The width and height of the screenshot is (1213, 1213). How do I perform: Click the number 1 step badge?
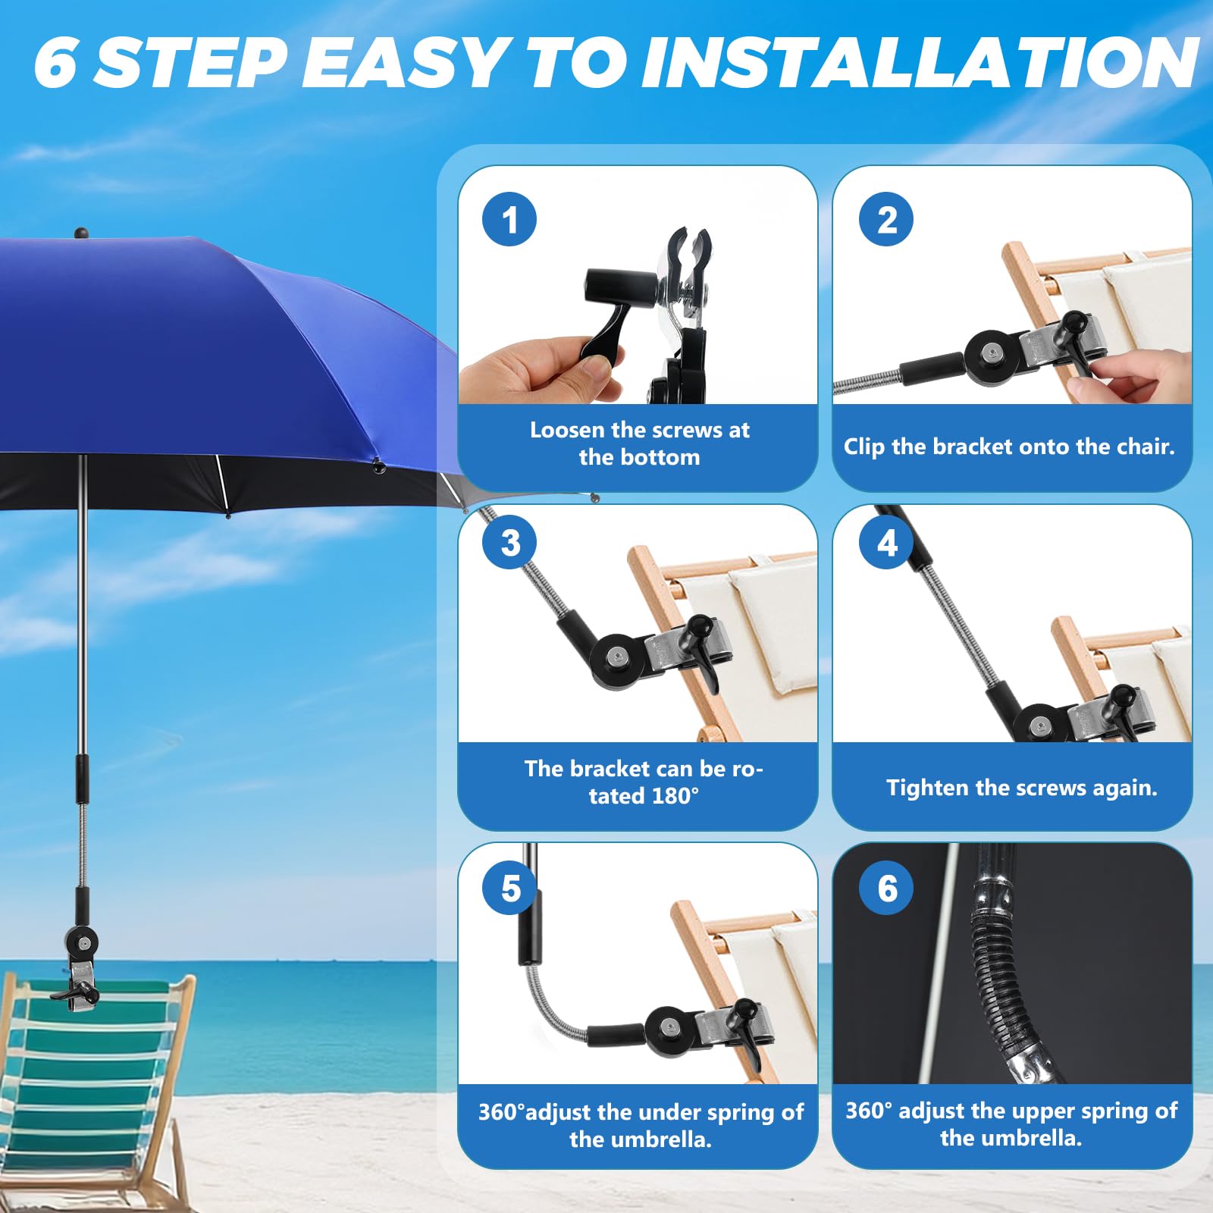[509, 219]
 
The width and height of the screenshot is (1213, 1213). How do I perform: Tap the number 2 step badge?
[886, 219]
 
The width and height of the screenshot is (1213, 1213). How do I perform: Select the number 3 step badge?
[509, 542]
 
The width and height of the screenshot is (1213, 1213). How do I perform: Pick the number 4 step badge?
[886, 542]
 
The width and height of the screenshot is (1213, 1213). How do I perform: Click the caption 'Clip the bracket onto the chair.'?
[1009, 447]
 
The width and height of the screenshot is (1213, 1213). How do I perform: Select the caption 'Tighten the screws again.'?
[1022, 788]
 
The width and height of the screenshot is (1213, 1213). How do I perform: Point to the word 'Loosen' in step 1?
[567, 430]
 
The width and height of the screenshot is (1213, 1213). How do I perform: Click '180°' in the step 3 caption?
[666, 796]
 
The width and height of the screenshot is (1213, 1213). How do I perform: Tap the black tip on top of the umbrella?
[81, 233]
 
